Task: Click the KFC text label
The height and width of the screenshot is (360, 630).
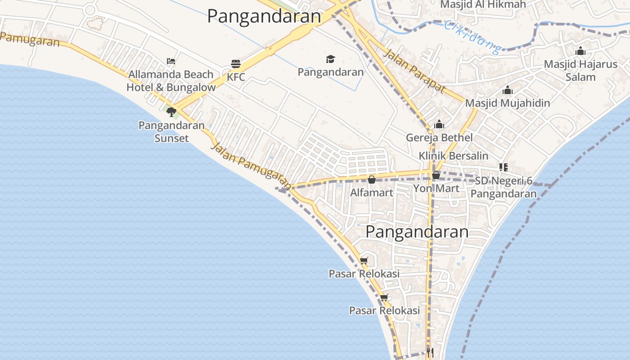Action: tap(236, 77)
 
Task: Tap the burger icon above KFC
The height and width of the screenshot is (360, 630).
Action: tap(236, 64)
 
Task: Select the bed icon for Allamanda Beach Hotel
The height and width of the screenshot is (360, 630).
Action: tap(171, 61)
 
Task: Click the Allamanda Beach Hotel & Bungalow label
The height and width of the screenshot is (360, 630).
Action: tap(171, 81)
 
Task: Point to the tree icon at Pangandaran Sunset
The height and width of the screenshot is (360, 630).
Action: tap(171, 111)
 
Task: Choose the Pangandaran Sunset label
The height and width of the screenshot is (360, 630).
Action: tap(171, 131)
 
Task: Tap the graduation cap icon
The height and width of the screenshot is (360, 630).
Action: tap(331, 59)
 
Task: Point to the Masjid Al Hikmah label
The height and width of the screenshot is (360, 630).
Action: tap(483, 4)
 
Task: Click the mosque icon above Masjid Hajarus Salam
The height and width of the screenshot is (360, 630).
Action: tap(580, 51)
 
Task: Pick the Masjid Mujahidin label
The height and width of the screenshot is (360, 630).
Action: tap(508, 103)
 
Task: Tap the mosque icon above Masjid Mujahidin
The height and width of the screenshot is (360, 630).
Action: tap(508, 90)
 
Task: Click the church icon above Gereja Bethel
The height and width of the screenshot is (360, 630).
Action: tap(439, 125)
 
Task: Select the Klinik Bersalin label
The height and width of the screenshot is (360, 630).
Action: tap(454, 156)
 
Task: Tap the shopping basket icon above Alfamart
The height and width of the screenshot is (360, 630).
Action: tap(372, 180)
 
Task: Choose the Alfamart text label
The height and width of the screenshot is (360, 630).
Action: tap(372, 193)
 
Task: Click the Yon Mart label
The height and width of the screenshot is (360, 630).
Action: tap(436, 188)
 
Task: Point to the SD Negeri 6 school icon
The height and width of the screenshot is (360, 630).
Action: tap(504, 167)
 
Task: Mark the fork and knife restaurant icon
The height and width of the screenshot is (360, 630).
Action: tap(430, 352)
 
